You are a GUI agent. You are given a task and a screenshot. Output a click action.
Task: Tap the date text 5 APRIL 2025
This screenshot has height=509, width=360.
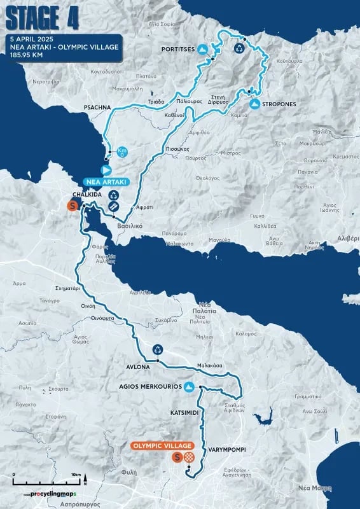(x=32, y=39)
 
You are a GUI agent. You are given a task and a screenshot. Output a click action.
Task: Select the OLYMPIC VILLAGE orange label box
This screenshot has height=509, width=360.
(x=164, y=446)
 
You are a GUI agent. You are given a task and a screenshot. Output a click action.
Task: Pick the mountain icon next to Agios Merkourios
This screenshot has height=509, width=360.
(x=189, y=386)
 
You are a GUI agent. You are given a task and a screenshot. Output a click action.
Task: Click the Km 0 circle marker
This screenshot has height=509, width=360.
(x=123, y=152)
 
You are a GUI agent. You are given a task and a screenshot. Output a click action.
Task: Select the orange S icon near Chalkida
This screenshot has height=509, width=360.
(x=73, y=206)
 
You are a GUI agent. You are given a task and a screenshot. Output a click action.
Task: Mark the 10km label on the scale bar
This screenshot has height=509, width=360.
(x=76, y=475)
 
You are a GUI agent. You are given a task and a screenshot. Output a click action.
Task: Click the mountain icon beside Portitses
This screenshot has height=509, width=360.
(x=202, y=49)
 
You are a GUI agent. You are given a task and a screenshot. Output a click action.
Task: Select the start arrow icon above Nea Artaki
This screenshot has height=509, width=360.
(x=106, y=170)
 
